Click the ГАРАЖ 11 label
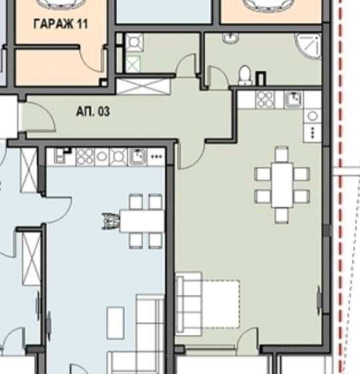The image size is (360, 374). pos(61,24)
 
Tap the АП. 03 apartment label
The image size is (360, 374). pos(93,111)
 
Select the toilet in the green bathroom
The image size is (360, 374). pos(245,75)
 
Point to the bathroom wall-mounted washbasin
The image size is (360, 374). pos(231,38)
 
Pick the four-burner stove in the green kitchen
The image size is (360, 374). pos(265,99)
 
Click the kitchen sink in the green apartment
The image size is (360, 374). pos(293,99)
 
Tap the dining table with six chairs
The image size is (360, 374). pos(282,185)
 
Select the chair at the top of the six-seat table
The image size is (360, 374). pos(282,154)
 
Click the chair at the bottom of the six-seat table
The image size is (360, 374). pos(282,215)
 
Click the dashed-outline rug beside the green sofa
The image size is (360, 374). pos(221,304)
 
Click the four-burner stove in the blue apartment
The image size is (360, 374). pos(85,157)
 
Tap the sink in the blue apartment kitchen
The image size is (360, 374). pos(137,157)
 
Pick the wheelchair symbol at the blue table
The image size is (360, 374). pos(111,221)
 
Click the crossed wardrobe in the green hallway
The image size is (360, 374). pos(143,87)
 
